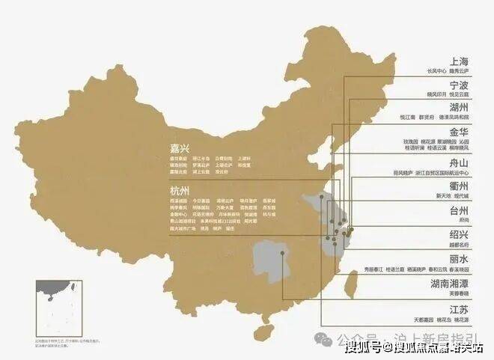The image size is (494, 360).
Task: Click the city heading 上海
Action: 458,61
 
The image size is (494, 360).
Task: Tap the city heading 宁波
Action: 458,85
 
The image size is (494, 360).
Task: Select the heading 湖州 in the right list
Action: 458,108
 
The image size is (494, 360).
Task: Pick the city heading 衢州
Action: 458,186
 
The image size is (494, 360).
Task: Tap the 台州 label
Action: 458,210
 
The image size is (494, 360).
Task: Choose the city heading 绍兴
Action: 458,234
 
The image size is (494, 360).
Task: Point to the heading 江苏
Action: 458,309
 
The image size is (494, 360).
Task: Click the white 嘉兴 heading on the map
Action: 180,147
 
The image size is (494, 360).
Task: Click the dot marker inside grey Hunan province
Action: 283,252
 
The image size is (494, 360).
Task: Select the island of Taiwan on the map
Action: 352,282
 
